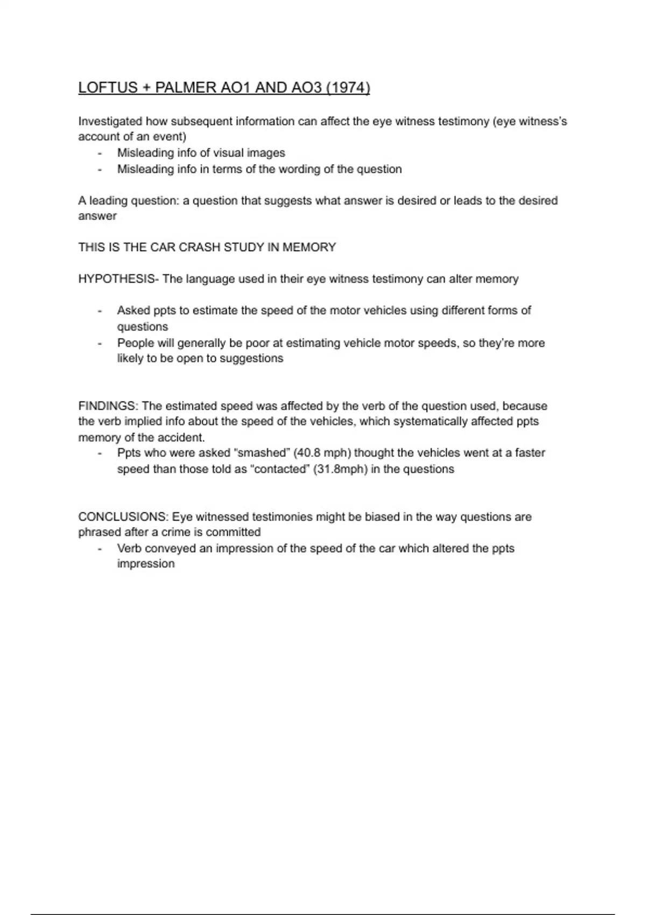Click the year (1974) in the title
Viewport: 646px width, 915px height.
(x=348, y=88)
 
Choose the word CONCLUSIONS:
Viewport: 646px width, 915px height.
(x=123, y=517)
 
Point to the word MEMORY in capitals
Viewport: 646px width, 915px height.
(x=309, y=247)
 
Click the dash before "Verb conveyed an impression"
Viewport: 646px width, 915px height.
(x=100, y=548)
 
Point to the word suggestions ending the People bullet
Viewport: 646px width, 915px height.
(x=251, y=358)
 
